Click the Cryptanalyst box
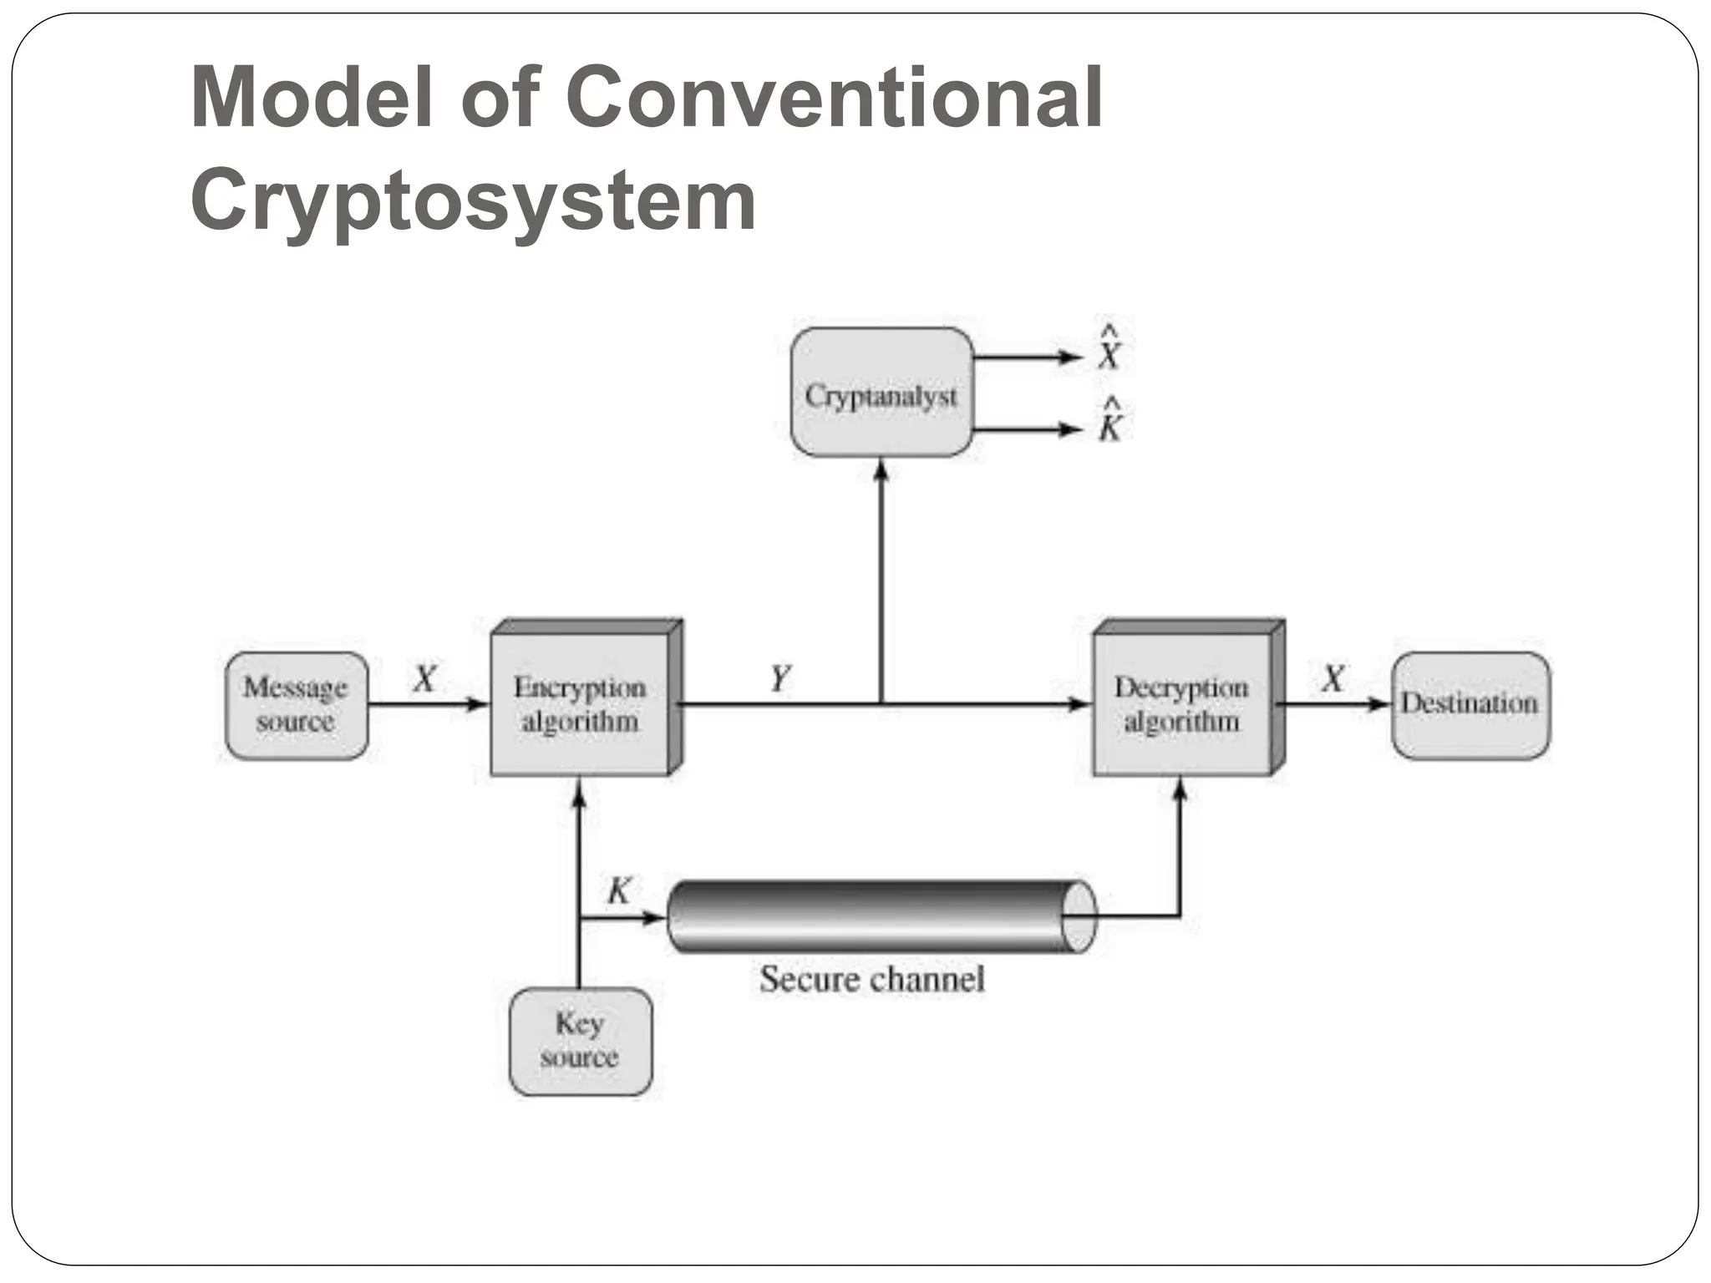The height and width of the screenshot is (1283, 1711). (x=881, y=393)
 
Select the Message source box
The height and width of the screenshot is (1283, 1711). (x=297, y=705)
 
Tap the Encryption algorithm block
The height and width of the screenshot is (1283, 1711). (x=581, y=704)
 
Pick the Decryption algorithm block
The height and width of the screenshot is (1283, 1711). (x=1182, y=704)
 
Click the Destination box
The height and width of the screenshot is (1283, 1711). (x=1470, y=705)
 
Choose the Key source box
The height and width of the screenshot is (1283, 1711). (x=580, y=1041)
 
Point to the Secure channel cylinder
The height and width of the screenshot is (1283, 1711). (x=877, y=916)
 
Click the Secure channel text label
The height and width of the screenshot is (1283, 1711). (x=871, y=979)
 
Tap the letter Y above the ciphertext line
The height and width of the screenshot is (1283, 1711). (x=780, y=677)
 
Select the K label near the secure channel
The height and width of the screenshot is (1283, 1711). (x=619, y=890)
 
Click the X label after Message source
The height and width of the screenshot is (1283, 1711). (x=424, y=678)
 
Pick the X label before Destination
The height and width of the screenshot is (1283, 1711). (x=1333, y=678)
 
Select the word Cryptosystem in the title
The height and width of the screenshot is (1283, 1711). (x=474, y=200)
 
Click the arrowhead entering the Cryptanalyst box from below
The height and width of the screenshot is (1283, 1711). (x=881, y=469)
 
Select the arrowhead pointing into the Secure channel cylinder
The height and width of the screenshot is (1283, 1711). (x=652, y=918)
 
